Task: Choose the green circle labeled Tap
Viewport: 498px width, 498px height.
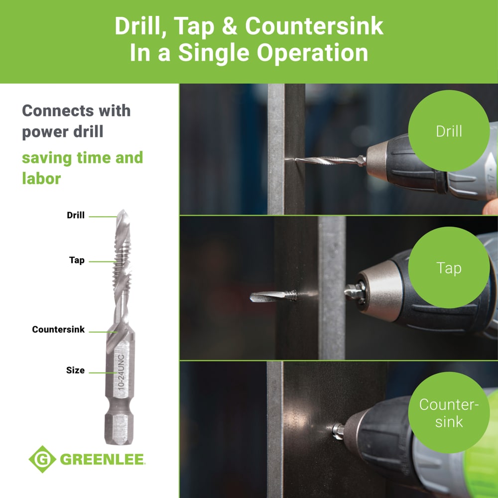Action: (x=449, y=268)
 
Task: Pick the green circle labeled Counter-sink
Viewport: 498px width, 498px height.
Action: (x=449, y=412)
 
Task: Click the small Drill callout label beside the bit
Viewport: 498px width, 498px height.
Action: (x=76, y=216)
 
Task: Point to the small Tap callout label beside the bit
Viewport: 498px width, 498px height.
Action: (x=77, y=260)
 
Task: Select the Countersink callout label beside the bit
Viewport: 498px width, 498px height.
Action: (x=58, y=330)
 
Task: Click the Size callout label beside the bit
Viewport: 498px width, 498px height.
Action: (x=75, y=371)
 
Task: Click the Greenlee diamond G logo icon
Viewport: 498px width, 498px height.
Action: (x=42, y=459)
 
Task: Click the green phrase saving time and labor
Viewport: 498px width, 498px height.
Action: (x=82, y=168)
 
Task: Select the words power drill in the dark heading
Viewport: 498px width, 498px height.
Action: (x=63, y=132)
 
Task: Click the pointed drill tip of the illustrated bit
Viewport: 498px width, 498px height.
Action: (x=123, y=215)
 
